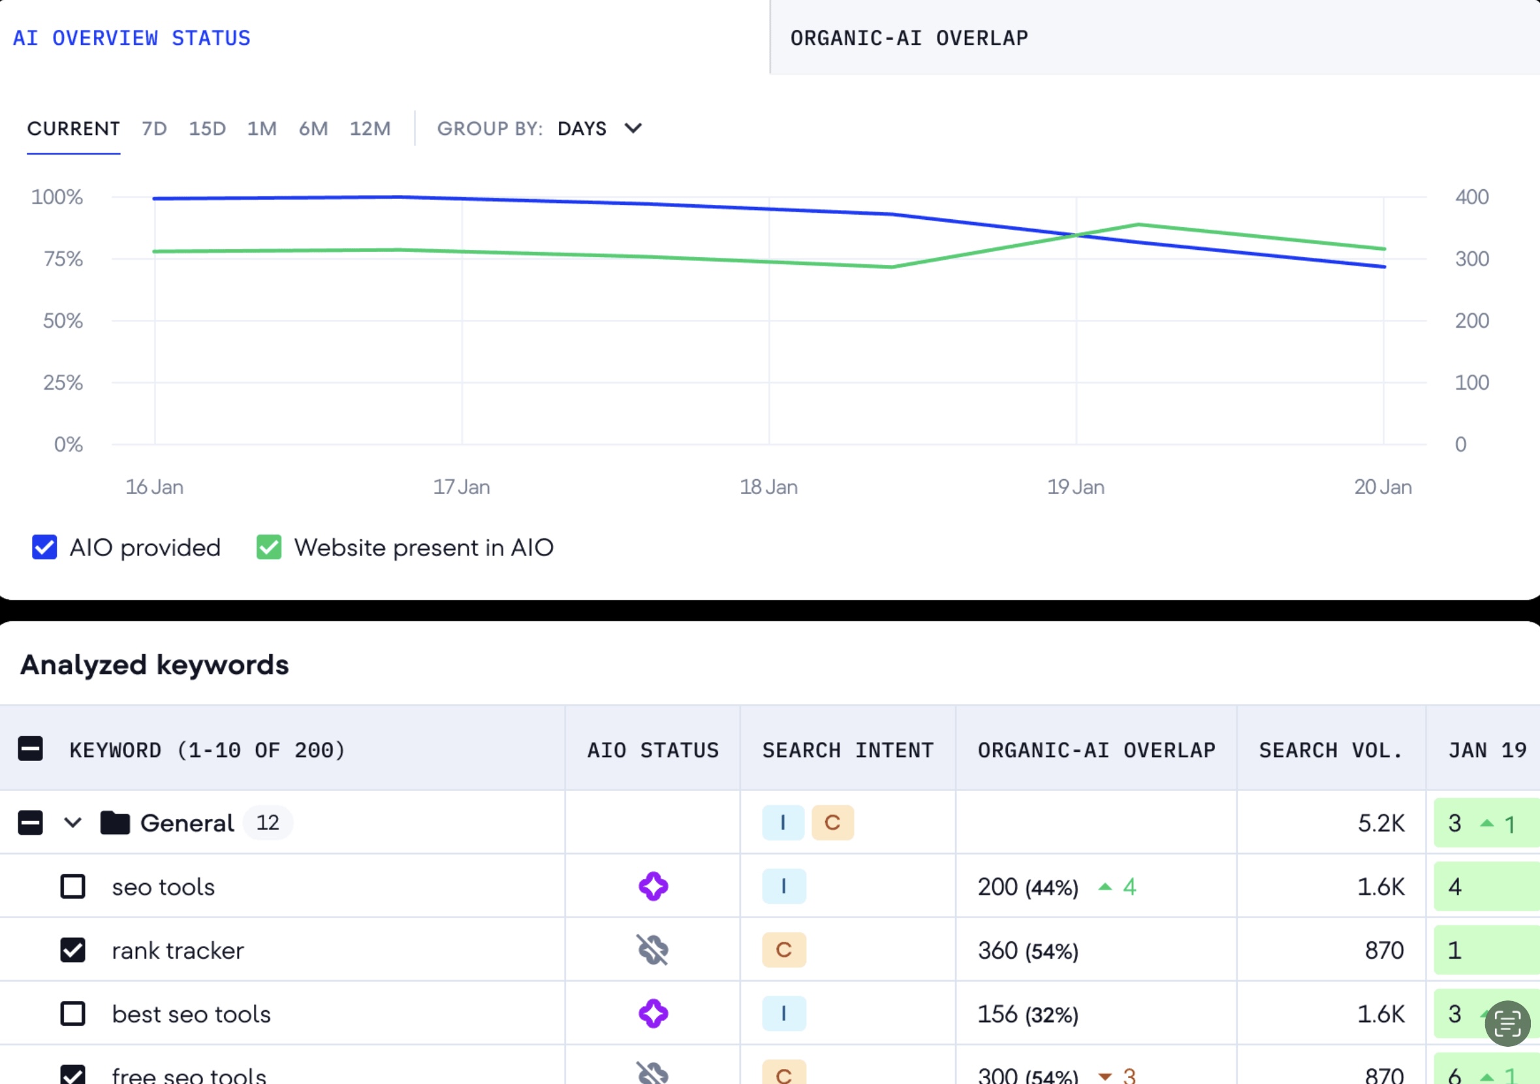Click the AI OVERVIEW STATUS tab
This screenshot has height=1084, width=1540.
tap(131, 39)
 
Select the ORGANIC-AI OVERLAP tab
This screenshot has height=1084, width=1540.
tap(908, 39)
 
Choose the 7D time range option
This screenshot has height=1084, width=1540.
tap(153, 128)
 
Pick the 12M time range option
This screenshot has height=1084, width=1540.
tap(369, 128)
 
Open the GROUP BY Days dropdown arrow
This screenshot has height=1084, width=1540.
tap(633, 128)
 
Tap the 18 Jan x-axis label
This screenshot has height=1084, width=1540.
tap(768, 487)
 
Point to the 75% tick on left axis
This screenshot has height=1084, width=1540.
tap(63, 259)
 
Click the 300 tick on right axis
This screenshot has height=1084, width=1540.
tap(1471, 259)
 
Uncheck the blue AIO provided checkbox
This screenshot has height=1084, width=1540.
tap(44, 547)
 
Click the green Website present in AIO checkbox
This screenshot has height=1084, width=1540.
tap(269, 547)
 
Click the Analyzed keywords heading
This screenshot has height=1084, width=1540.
tap(154, 664)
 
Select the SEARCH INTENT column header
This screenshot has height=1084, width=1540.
tap(848, 749)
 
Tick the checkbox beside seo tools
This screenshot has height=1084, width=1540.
tap(72, 886)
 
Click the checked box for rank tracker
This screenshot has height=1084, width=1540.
tap(72, 950)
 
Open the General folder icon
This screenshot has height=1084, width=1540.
tap(115, 822)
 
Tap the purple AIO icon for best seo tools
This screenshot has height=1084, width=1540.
tap(653, 1014)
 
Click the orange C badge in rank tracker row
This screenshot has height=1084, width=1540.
tap(783, 950)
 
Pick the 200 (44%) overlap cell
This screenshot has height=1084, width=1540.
tap(1028, 887)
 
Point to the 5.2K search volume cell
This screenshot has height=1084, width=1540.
tap(1380, 823)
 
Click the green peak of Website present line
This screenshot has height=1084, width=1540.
tap(1139, 224)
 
